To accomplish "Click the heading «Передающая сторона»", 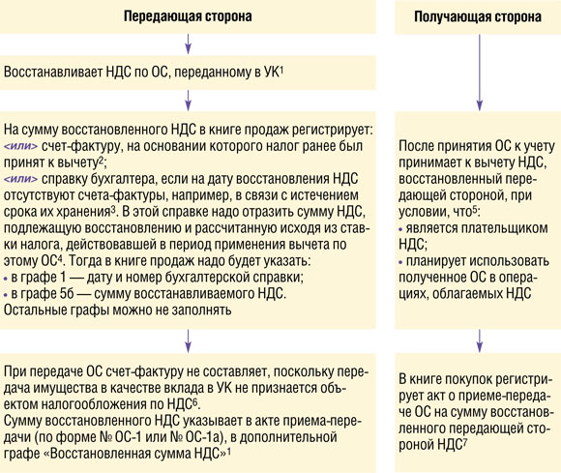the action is coord(188,16).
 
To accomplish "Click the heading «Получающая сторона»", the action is coord(478,16).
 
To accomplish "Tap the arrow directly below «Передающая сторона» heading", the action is coord(188,44).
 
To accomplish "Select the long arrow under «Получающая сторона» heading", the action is coord(480,73).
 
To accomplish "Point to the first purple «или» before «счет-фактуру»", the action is coord(20,146).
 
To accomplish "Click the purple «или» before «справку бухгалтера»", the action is coord(20,179).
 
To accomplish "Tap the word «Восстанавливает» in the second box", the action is coord(53,73).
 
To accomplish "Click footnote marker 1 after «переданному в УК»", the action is coord(281,70).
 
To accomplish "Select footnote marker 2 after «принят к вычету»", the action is coord(102,161).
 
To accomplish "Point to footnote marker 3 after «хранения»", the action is coord(113,210).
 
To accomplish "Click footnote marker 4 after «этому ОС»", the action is coord(60,259).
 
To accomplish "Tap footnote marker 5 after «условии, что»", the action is coord(474,210).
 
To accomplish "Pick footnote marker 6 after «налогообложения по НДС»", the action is coord(195,402).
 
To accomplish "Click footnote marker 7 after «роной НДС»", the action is coord(464,442).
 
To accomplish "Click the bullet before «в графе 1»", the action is coord(6,279).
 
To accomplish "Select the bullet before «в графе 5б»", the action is coord(6,295).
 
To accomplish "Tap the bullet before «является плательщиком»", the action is coord(400,229).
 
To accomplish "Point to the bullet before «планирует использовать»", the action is coord(400,262).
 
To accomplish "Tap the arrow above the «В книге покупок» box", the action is coord(480,341).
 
